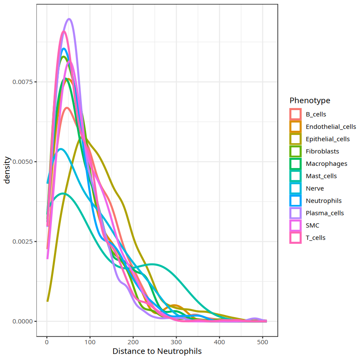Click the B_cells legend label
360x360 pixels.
point(315,114)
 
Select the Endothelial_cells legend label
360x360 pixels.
point(330,127)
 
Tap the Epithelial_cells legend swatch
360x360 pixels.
point(296,139)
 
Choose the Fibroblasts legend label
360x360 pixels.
point(322,151)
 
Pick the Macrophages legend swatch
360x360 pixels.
point(296,164)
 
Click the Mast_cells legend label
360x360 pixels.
point(321,176)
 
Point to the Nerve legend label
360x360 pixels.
point(315,189)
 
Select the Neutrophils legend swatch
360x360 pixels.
point(296,201)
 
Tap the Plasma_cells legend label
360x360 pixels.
point(324,213)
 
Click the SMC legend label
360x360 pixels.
point(312,225)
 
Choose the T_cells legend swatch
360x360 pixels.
point(296,237)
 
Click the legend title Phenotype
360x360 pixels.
point(310,101)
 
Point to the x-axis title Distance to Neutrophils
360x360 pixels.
point(157,351)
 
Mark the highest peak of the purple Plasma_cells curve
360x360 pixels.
point(69,19)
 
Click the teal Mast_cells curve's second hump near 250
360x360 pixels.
point(152,264)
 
